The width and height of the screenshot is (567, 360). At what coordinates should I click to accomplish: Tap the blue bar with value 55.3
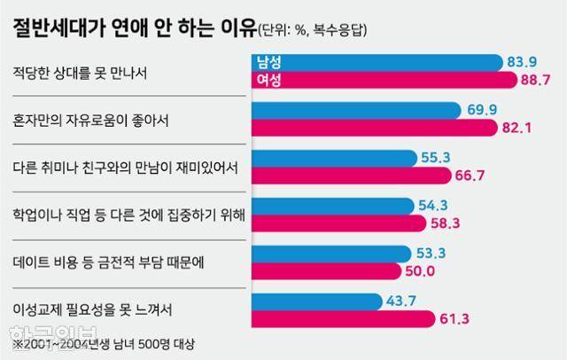pos(337,158)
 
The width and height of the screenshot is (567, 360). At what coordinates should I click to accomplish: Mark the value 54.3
pos(434,205)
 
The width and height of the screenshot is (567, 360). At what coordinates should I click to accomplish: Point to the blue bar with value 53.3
pos(332,253)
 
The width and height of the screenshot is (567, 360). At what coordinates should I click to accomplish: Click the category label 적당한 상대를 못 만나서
pos(78,71)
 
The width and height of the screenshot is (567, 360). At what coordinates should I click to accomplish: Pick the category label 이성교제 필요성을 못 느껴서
pos(92,310)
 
